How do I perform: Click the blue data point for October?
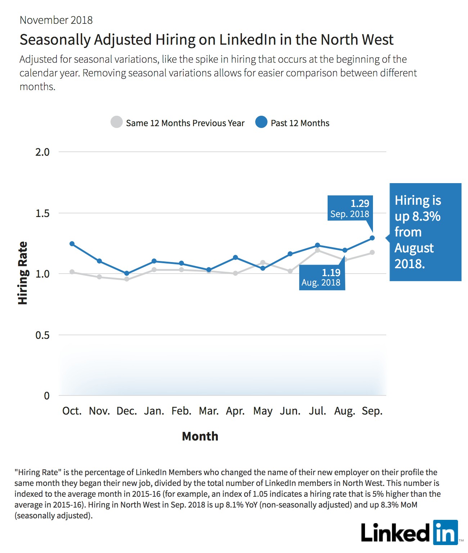[x=72, y=244]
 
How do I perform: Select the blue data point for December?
[x=127, y=273]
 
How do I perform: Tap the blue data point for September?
[x=372, y=238]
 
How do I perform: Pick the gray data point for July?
[x=318, y=251]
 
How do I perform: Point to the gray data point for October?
[x=72, y=272]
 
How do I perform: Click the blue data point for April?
[x=235, y=257]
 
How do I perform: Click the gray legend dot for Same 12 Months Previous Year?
[x=117, y=122]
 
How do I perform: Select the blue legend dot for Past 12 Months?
[x=261, y=122]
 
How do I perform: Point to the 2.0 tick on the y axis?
[x=42, y=152]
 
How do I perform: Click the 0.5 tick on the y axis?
[x=42, y=335]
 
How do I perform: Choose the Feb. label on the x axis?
[x=181, y=411]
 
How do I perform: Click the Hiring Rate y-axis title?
[x=23, y=273]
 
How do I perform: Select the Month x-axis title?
[x=200, y=436]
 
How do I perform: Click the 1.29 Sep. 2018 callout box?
[x=350, y=208]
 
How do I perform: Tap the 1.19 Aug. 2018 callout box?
[x=322, y=277]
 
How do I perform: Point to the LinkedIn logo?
[x=410, y=532]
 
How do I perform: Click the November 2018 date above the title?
[x=56, y=20]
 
